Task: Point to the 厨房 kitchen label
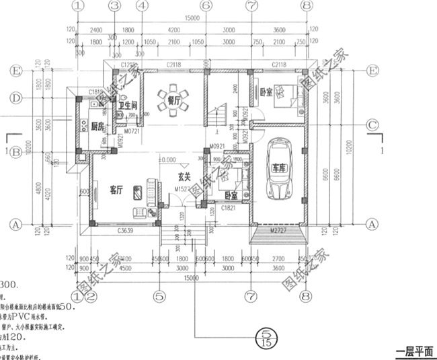point(97,126)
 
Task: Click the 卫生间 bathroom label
point(128,106)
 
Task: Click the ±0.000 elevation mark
point(166,160)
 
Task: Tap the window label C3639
point(126,231)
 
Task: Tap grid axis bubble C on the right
point(371,125)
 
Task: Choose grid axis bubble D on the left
point(15,98)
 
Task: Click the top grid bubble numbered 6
point(206,5)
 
